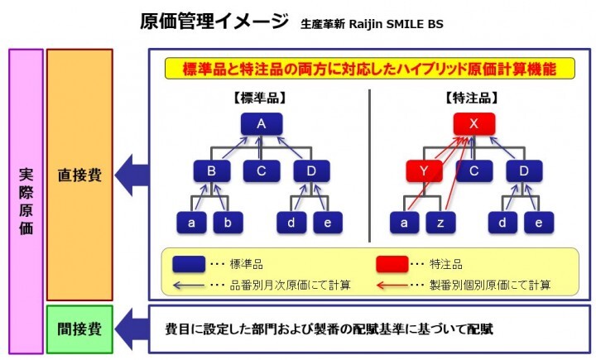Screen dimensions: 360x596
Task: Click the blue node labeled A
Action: [x=262, y=124]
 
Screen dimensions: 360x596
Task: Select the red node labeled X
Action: [x=474, y=124]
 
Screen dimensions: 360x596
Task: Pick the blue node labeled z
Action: [x=441, y=222]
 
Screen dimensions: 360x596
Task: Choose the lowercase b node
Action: [x=229, y=222]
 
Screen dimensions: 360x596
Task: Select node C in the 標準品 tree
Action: [x=262, y=172]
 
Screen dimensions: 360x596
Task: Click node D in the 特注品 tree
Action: [x=523, y=172]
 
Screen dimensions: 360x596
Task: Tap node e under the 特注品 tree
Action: [x=539, y=222]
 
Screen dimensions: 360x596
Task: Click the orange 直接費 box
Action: [x=79, y=175]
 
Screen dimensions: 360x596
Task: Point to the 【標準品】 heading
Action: [x=260, y=97]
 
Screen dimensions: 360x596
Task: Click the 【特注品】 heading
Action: [x=473, y=97]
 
